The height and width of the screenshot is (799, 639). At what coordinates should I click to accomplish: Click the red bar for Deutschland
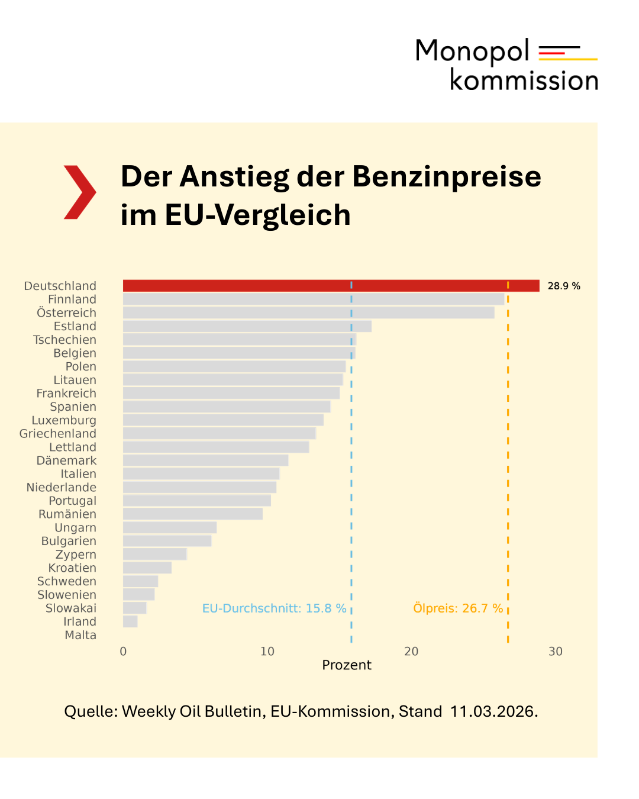click(x=331, y=286)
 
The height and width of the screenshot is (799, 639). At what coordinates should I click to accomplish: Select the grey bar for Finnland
click(x=314, y=299)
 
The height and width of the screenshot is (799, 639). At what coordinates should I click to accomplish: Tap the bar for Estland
click(x=247, y=326)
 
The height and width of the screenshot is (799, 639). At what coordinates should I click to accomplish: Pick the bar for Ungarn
click(x=170, y=527)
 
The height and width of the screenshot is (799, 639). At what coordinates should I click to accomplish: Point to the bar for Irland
click(x=130, y=621)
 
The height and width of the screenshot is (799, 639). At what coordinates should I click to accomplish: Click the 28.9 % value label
click(x=563, y=286)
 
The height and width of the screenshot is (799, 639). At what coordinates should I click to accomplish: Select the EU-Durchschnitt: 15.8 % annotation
click(x=274, y=608)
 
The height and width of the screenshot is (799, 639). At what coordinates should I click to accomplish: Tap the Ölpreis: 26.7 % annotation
click(x=457, y=608)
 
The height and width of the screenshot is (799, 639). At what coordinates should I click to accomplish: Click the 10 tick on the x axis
click(x=267, y=652)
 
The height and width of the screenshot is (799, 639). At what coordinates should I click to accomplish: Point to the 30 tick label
click(x=555, y=652)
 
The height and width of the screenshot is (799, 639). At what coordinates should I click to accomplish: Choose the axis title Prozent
click(x=347, y=665)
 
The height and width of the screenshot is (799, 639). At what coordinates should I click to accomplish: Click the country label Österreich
click(x=66, y=313)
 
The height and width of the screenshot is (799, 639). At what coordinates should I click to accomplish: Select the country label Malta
click(x=80, y=635)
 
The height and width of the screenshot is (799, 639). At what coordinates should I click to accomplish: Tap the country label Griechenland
click(x=58, y=434)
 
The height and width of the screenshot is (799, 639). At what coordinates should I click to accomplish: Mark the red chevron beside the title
click(x=80, y=192)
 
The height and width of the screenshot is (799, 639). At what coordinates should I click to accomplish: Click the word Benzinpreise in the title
click(x=446, y=176)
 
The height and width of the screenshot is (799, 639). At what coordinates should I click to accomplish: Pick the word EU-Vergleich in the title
click(x=257, y=215)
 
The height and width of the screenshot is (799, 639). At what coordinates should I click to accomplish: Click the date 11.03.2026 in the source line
click(x=493, y=711)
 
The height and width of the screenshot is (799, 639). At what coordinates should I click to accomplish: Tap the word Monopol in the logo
click(x=472, y=51)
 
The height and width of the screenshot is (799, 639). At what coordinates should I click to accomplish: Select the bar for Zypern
click(x=155, y=555)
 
